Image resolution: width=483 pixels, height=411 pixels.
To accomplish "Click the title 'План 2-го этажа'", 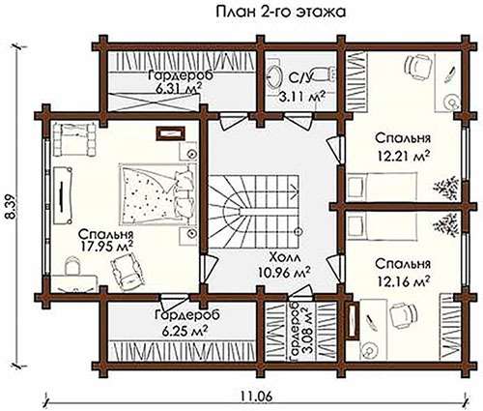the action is (x=280, y=13).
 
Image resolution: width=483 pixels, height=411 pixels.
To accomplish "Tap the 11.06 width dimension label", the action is (x=256, y=396).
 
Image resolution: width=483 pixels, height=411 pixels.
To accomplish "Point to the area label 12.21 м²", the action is (x=404, y=157).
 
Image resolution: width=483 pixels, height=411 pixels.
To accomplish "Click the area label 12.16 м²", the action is (x=404, y=282).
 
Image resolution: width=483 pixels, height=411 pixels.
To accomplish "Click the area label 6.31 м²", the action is (x=180, y=89).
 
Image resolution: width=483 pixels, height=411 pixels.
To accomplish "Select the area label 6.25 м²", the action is (x=185, y=330).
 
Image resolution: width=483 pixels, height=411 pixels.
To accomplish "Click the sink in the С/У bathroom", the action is (x=273, y=77).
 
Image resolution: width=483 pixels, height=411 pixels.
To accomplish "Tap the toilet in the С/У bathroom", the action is (x=324, y=74).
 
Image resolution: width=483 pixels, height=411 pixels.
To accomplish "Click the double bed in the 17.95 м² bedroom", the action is (x=157, y=194).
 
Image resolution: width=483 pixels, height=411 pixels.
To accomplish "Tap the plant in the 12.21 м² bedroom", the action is (x=446, y=187).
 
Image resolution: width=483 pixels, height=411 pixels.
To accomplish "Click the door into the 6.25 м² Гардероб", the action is (x=174, y=302).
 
